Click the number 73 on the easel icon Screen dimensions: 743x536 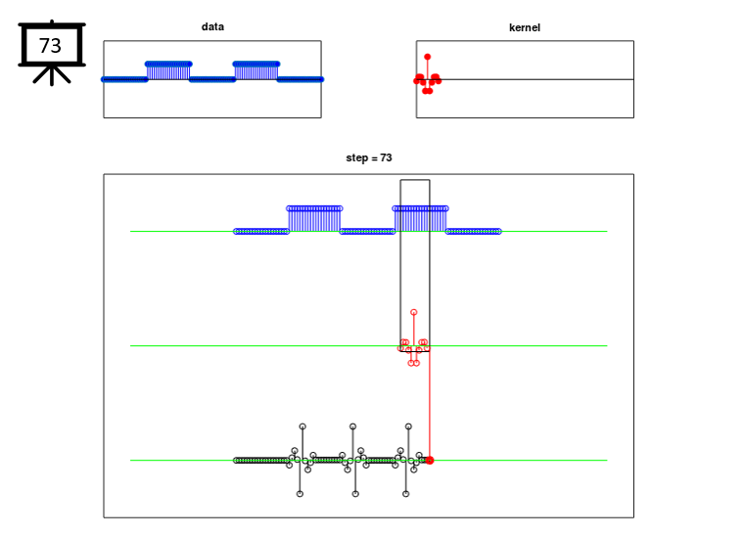tap(50, 46)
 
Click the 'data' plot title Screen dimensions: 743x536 tap(212, 27)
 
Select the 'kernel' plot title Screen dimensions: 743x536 tap(525, 27)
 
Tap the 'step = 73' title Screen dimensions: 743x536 tap(369, 157)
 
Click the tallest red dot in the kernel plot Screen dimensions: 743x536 tap(428, 57)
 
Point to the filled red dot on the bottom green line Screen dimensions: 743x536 tap(430, 461)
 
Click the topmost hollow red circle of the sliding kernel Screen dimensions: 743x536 tap(414, 312)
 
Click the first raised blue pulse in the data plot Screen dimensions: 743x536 tap(168, 71)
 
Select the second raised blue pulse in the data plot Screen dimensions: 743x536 tap(256, 71)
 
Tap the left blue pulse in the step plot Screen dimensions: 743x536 tap(314, 219)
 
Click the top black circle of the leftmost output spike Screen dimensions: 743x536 tap(302, 426)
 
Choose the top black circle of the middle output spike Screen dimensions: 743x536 tap(352, 426)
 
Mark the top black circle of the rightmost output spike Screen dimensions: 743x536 tap(408, 426)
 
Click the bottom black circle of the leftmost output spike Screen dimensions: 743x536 tap(300, 494)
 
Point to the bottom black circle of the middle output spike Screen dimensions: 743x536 tap(355, 494)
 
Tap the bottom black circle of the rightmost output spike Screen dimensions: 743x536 tap(405, 494)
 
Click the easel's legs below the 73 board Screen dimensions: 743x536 tap(52, 75)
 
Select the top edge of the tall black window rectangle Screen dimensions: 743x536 tap(415, 180)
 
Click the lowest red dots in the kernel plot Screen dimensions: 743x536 tap(428, 91)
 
